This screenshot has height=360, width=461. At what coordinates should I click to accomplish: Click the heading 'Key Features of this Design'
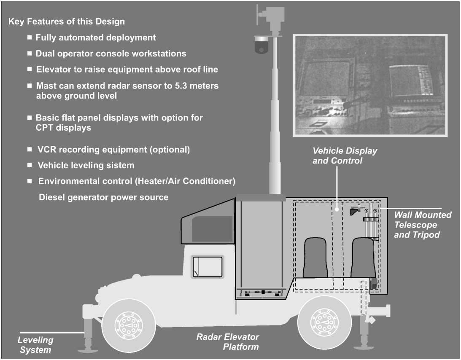click(67, 21)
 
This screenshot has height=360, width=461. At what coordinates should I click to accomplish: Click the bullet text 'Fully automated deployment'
click(96, 38)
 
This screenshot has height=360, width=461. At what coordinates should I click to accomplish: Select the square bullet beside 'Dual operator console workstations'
click(30, 54)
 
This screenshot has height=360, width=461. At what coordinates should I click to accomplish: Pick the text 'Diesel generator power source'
click(104, 197)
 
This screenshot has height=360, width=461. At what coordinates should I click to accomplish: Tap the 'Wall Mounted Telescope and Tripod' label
click(422, 225)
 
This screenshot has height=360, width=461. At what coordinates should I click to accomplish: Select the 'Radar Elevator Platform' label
click(228, 342)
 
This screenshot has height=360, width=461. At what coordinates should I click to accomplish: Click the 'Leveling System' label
click(35, 344)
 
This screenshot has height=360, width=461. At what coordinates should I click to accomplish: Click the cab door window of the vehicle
click(208, 266)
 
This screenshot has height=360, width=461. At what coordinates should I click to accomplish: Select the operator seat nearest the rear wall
click(364, 257)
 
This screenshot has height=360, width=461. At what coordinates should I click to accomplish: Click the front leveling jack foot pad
click(88, 348)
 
